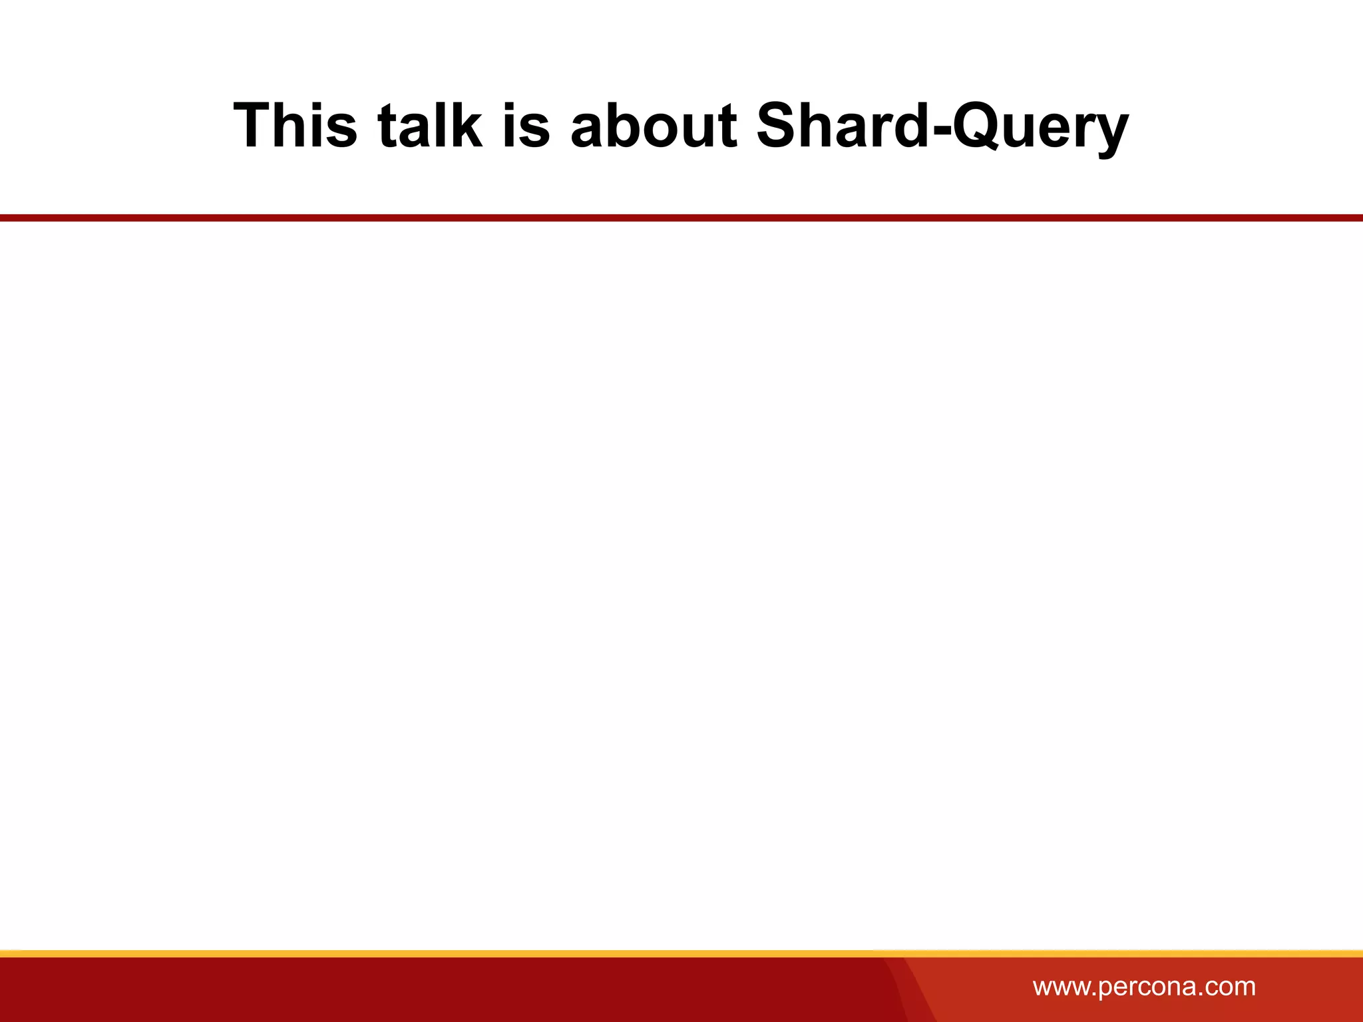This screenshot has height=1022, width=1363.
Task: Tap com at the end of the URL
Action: (1231, 986)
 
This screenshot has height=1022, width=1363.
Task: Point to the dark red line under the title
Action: (681, 218)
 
